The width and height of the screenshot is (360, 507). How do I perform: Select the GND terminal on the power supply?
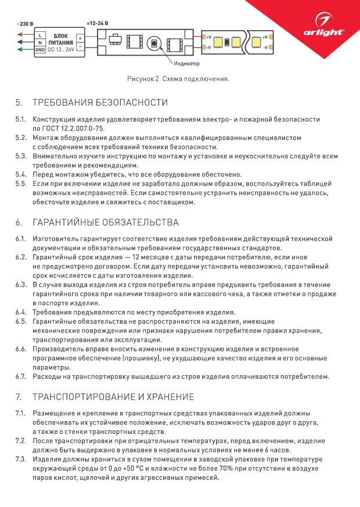coord(39,50)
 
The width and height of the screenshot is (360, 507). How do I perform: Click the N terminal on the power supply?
coord(39,43)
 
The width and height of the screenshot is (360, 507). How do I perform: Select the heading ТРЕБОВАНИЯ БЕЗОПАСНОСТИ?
coord(100,103)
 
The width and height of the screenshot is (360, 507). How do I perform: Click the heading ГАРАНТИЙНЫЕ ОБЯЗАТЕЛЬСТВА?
coord(105,223)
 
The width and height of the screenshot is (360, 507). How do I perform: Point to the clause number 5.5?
coord(21,183)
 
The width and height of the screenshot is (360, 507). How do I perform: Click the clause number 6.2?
coord(21,256)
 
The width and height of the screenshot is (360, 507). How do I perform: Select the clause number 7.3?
coord(21,459)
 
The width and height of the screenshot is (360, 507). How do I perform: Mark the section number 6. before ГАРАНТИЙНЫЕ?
coord(19,223)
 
